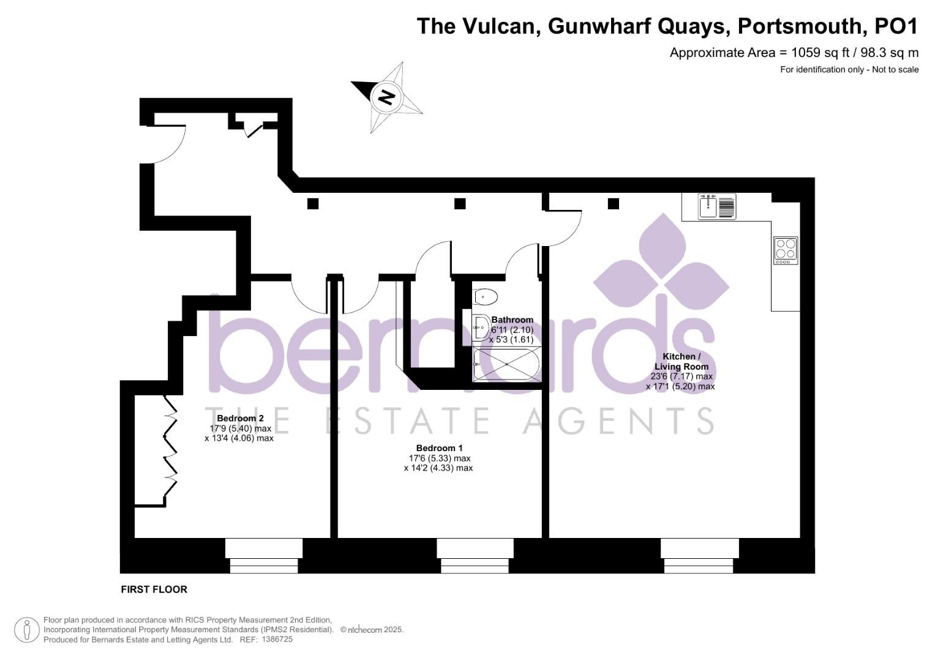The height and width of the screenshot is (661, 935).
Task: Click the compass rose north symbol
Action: [x=386, y=97]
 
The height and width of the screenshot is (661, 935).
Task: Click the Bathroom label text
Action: [x=512, y=319]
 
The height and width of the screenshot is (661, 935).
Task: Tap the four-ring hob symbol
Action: [x=786, y=250]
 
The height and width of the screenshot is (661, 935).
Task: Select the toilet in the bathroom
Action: [x=486, y=297]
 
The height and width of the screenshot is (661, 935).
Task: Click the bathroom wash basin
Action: [x=481, y=327]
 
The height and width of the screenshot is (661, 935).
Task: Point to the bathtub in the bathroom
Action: [x=506, y=365]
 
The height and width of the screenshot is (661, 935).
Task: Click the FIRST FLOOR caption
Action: [x=154, y=589]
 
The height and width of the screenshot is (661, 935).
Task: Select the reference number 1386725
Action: [x=277, y=640]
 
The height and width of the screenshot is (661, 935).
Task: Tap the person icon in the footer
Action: [x=26, y=629]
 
